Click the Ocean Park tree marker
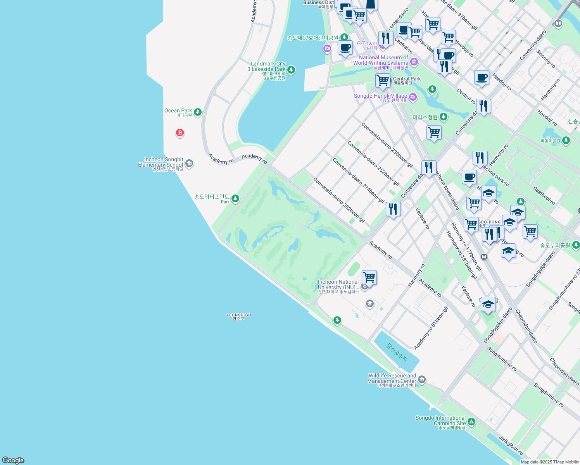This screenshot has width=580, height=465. click(x=198, y=112)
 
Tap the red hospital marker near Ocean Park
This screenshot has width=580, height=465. click(x=180, y=133)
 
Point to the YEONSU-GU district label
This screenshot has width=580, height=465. click(x=238, y=317)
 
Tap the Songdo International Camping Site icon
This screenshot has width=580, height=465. click(x=471, y=422)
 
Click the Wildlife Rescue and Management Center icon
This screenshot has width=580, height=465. click(x=422, y=379)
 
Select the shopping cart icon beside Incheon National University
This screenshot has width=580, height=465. click(x=369, y=277)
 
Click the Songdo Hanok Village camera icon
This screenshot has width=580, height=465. click(x=413, y=97)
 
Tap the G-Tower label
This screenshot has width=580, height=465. click(x=367, y=44)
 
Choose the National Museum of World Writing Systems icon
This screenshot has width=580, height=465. click(x=414, y=62)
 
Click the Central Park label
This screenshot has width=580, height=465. click(x=407, y=79)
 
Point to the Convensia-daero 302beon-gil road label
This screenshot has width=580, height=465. click(x=339, y=200)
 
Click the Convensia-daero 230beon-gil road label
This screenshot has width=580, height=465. click(x=387, y=145)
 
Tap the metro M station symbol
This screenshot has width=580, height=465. click(x=484, y=257)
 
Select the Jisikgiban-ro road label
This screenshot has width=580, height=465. click(x=511, y=446)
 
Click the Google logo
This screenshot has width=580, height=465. click(x=13, y=460)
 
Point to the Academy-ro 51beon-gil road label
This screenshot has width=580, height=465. click(x=431, y=328)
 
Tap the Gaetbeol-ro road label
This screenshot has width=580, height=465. click(x=544, y=196)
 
